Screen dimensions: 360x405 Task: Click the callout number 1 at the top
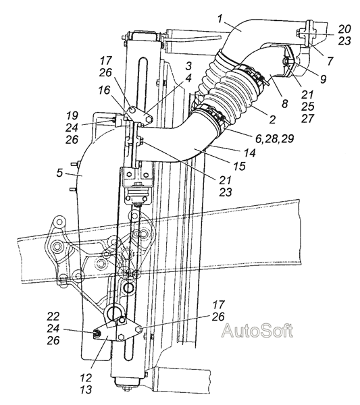click(x=220, y=19)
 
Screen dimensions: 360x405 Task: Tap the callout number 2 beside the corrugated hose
click(x=272, y=119)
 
